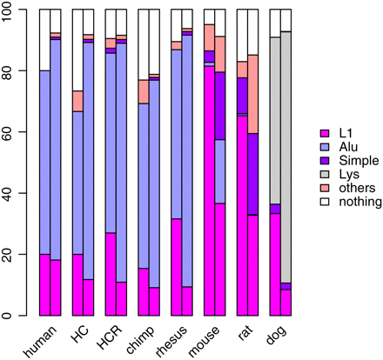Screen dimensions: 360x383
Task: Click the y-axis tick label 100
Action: tap(15, 10)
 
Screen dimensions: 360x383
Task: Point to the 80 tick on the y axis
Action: tap(15, 71)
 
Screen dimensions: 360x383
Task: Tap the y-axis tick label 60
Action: tap(15, 132)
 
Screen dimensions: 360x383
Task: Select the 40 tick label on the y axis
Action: tap(15, 193)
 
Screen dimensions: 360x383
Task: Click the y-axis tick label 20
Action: tap(15, 254)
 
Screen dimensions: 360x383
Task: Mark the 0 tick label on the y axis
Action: tap(15, 315)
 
